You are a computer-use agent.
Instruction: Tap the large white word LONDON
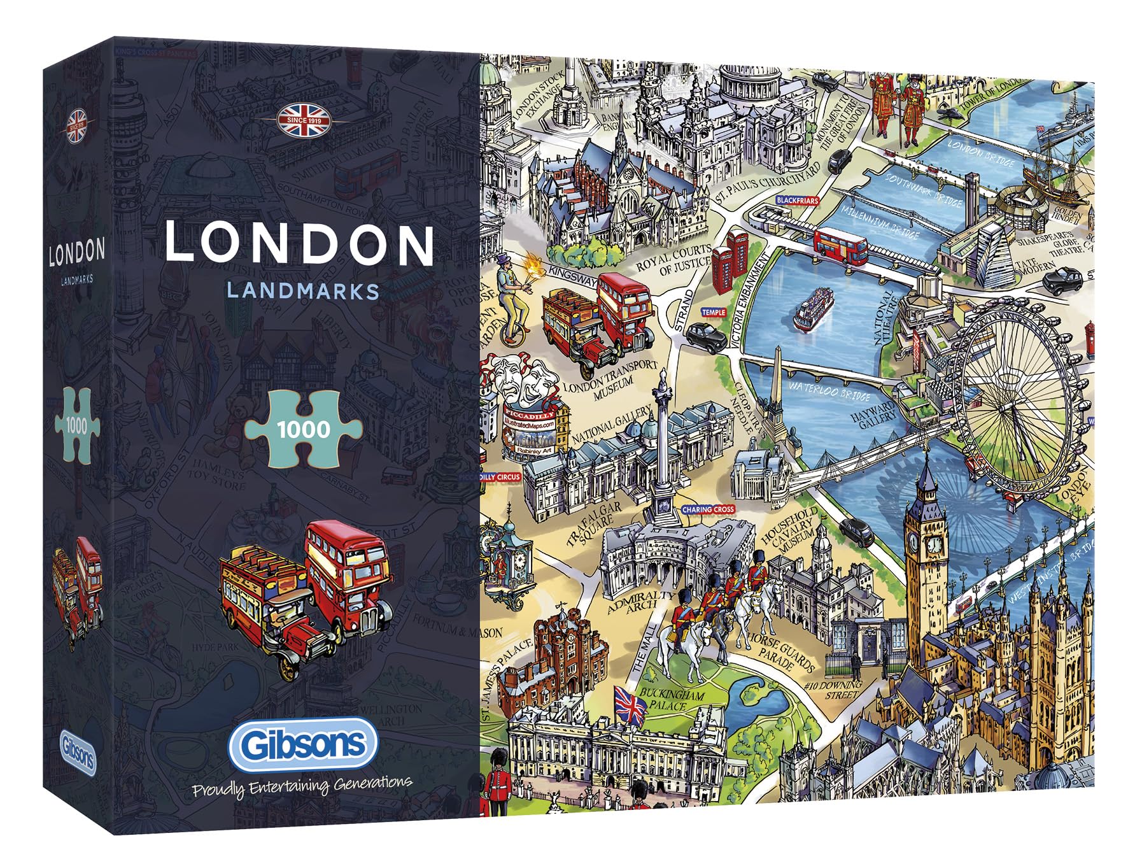299,243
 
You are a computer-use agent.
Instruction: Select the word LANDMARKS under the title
303,291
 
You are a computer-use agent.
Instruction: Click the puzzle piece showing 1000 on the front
304,429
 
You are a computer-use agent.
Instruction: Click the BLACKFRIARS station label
797,201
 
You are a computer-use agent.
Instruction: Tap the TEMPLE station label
713,312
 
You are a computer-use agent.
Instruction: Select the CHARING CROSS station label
708,509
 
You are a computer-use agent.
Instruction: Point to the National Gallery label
612,426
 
